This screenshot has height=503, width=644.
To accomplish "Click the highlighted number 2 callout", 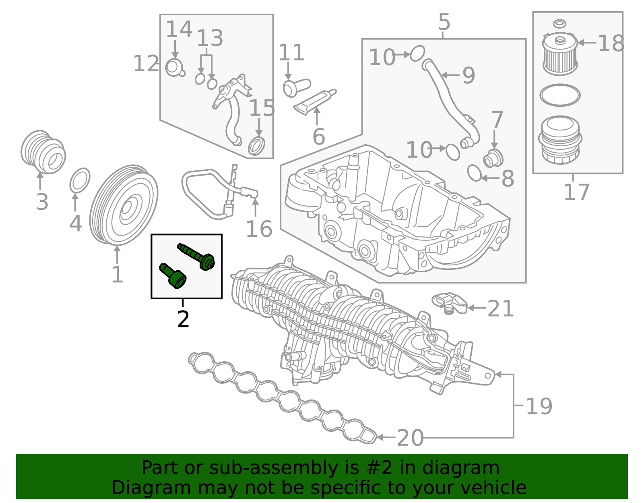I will click(183, 319).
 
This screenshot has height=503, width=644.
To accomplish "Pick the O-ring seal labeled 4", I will click(80, 181).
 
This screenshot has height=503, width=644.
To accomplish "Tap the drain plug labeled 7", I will click(493, 158).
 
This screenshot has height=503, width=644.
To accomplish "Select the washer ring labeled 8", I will click(474, 173).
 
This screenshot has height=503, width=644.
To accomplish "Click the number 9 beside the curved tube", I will click(469, 76).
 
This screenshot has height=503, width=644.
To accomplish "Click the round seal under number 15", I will click(256, 146).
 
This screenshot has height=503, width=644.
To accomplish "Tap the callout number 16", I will click(259, 230).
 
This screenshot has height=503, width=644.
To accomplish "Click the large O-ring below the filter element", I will click(560, 95).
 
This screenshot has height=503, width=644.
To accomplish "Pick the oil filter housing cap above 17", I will click(560, 140).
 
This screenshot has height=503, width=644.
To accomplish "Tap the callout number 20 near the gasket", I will click(410, 438).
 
